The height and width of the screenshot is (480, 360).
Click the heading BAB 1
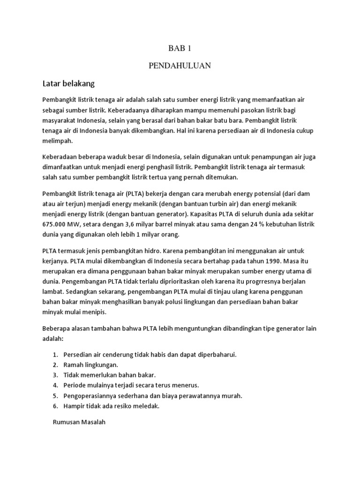click(x=180, y=48)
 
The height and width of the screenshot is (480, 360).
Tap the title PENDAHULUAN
click(x=180, y=66)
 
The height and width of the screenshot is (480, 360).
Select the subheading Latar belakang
click(x=68, y=83)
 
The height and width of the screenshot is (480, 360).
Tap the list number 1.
click(x=55, y=354)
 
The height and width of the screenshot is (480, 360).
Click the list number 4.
click(x=55, y=385)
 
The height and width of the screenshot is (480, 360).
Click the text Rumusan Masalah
click(x=80, y=422)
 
